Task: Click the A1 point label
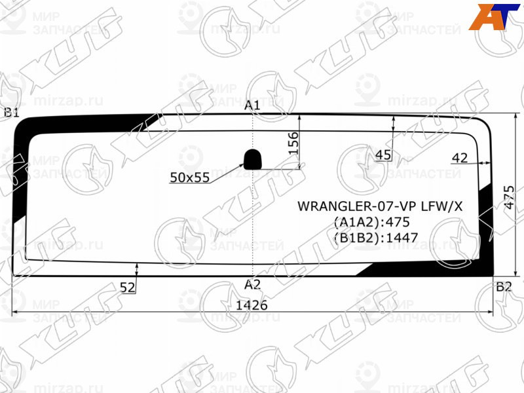253,105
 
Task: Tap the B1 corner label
11,112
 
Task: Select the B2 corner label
503,286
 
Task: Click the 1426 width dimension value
252,305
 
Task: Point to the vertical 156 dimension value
293,143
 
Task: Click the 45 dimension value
383,155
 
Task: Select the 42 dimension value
460,157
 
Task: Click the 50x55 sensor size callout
189,177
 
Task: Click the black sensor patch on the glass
253,158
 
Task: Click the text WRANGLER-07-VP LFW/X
380,206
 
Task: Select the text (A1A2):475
375,221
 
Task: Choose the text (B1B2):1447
375,237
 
